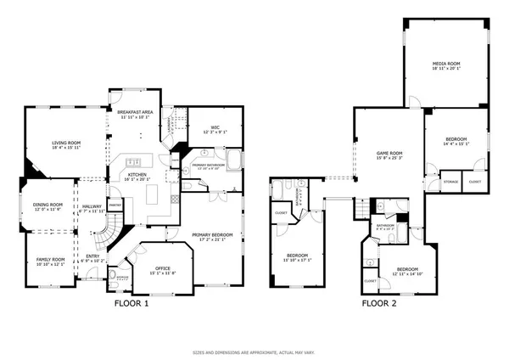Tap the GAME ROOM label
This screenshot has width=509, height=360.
click(x=389, y=153)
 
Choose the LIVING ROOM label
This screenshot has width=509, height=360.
click(x=65, y=143)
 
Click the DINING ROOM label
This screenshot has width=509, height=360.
click(x=48, y=205)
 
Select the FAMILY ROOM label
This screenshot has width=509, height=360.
click(x=49, y=260)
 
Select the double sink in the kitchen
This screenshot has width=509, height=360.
click(x=133, y=163)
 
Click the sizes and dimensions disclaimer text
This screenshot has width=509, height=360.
click(x=255, y=351)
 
